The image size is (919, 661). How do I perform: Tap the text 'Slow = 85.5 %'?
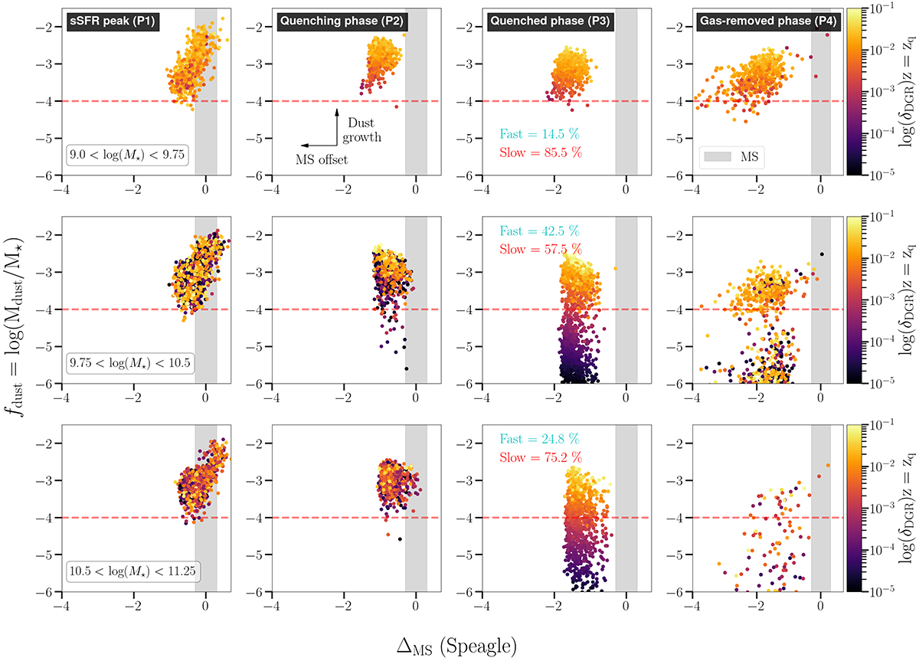pos(533,152)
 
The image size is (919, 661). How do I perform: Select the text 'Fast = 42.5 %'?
pos(533,231)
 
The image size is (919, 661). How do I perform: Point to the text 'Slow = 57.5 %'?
pos(533,249)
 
